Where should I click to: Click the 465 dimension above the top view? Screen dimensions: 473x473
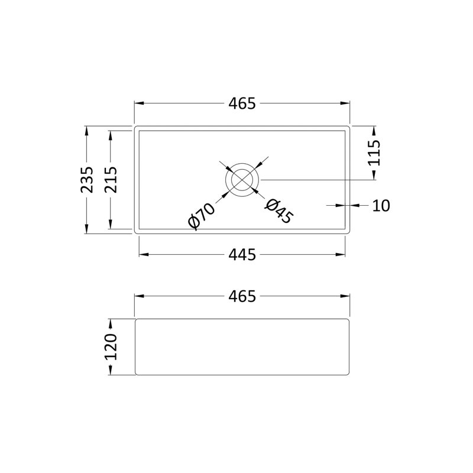tap(242, 103)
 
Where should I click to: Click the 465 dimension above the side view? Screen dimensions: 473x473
tap(242, 296)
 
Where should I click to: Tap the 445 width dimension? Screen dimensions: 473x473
tap(242, 255)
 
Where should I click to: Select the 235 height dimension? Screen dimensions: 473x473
tap(87, 180)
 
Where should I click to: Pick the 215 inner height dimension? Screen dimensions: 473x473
tap(111, 180)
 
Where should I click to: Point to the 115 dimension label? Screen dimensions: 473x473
tap(374, 153)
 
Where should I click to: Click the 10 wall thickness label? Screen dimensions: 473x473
tap(381, 206)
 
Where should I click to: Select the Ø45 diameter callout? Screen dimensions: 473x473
tap(279, 212)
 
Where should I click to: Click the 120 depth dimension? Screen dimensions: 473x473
tap(111, 347)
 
